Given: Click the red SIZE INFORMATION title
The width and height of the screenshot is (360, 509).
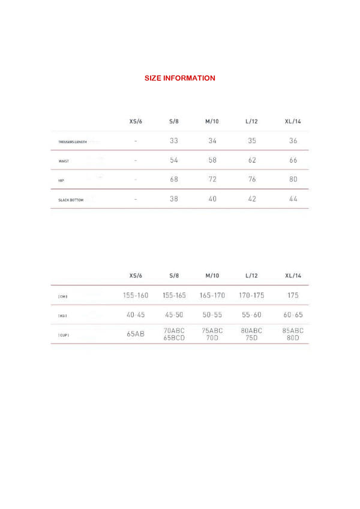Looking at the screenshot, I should coord(180,78).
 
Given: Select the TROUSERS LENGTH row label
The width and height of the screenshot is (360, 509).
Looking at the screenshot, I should coord(72,142).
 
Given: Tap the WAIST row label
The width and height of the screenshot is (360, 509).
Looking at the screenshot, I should coord(64,161).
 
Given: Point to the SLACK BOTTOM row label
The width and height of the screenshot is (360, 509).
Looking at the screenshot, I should coord(70,200).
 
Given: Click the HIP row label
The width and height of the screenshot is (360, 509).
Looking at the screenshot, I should coord(61,180).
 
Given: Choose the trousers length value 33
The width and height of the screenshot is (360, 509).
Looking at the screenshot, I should coord(174,141).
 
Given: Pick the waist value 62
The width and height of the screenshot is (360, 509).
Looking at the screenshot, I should coord(252,160).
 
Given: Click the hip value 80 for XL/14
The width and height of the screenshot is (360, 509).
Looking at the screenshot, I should coord(293,179).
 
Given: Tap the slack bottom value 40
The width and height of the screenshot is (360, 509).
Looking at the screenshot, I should coord(212,199).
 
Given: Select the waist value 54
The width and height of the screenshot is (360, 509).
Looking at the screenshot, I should coord(174,160).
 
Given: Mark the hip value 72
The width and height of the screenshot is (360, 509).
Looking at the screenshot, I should coord(212,179).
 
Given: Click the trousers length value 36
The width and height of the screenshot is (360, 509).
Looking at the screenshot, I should coord(293,141).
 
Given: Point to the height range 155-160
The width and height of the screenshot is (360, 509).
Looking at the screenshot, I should coord(136,296).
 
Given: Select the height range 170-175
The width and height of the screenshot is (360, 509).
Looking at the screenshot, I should coord(251,296).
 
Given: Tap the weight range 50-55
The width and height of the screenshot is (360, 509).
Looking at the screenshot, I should coord(212,314).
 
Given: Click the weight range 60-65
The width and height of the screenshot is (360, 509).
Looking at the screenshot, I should coord(293,314).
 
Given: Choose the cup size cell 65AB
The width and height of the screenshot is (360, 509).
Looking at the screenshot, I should coord(136,334).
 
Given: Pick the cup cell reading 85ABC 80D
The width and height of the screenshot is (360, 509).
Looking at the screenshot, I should coord(293,334).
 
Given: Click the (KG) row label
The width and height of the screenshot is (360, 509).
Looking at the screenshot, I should coord(62,315).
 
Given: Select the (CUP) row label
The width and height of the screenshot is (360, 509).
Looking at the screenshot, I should coord(63,335).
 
